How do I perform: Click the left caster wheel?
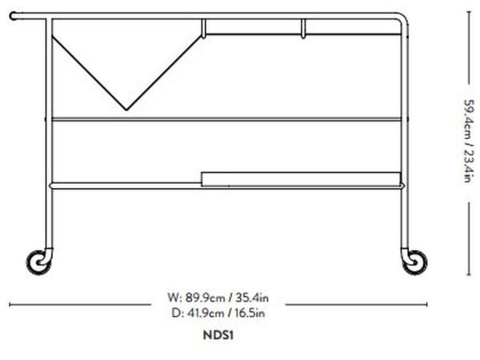coord(39,262)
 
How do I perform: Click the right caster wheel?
coord(414,262)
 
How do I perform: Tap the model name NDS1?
coord(218,335)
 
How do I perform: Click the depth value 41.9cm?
coord(205,313)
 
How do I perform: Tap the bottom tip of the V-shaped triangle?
coord(126,110)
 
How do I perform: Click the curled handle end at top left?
coord(13,16)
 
